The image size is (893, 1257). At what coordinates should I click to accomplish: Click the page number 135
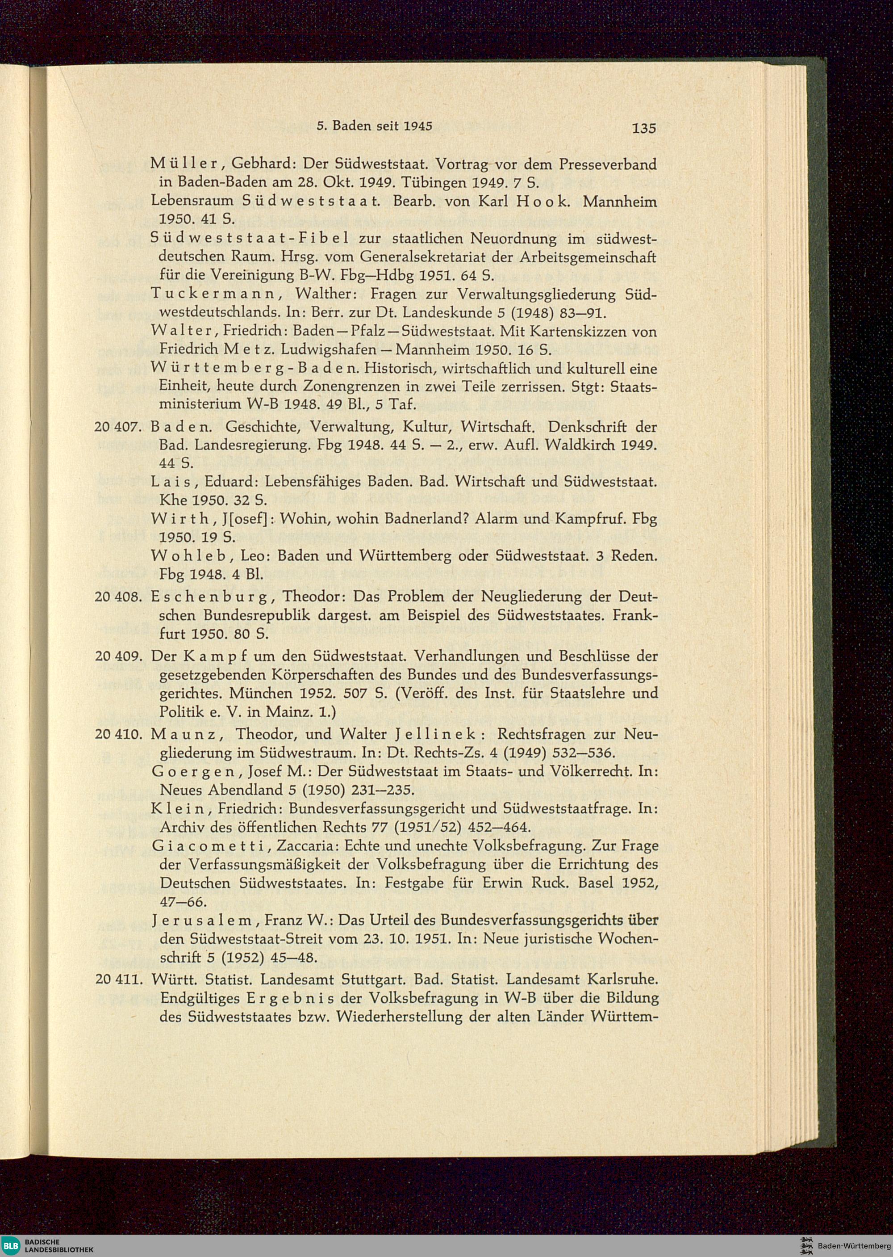644,128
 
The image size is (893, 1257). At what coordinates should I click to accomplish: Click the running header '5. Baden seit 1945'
375,126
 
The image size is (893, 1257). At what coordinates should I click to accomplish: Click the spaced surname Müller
186,164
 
